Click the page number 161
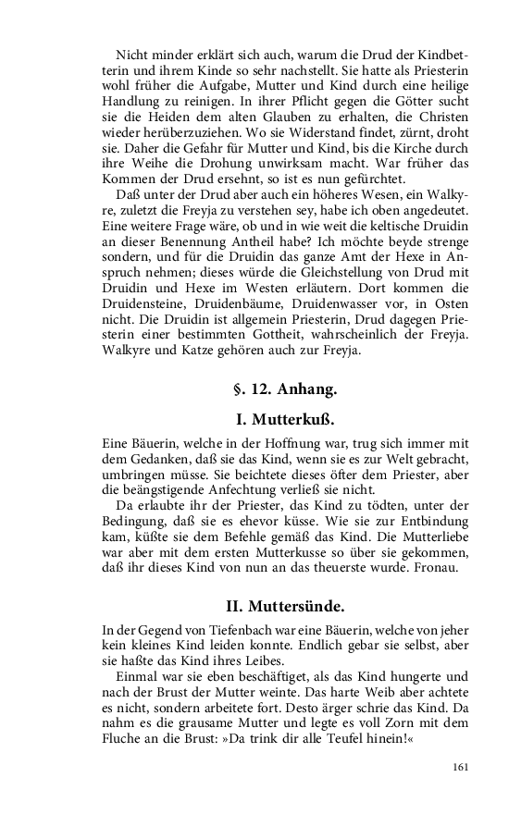[462, 767]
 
